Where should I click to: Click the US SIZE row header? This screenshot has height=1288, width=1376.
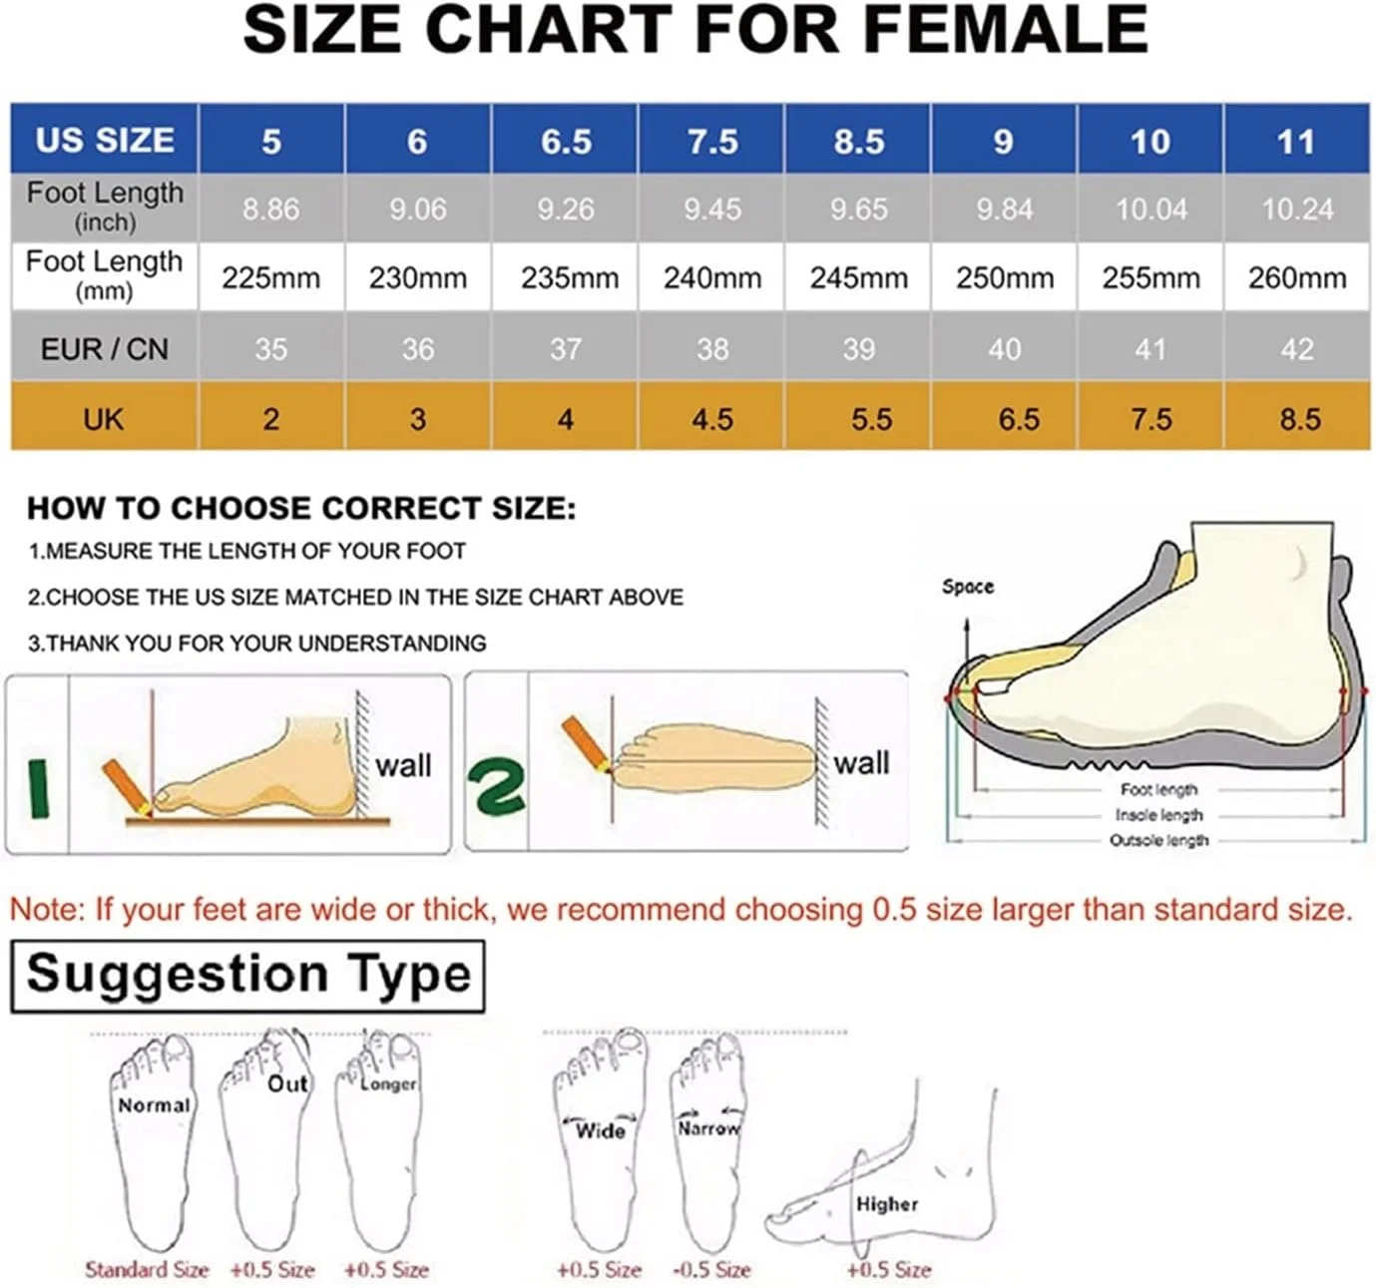pyautogui.click(x=105, y=140)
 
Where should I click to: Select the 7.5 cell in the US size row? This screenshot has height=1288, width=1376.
pyautogui.click(x=711, y=141)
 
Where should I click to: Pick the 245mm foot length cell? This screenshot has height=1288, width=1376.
pyautogui.click(x=858, y=277)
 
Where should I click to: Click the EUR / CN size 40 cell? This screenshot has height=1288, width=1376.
pyautogui.click(x=1004, y=348)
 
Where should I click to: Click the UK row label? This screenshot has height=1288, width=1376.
pyautogui.click(x=104, y=418)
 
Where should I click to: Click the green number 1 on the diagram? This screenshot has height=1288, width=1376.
pyautogui.click(x=38, y=788)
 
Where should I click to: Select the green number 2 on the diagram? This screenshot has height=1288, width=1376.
pyautogui.click(x=496, y=784)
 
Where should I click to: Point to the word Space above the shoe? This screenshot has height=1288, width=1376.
pyautogui.click(x=968, y=587)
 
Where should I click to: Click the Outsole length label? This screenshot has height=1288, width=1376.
pyautogui.click(x=1159, y=840)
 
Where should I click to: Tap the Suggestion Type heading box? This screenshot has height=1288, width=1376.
pyautogui.click(x=247, y=976)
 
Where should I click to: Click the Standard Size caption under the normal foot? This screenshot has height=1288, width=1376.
pyautogui.click(x=147, y=1269)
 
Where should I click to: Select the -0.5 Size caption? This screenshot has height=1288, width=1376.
pyautogui.click(x=711, y=1269)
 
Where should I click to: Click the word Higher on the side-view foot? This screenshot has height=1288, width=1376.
pyautogui.click(x=887, y=1204)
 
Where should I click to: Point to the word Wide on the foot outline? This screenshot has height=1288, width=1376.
pyautogui.click(x=601, y=1130)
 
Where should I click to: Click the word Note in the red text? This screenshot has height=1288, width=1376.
pyautogui.click(x=45, y=909)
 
